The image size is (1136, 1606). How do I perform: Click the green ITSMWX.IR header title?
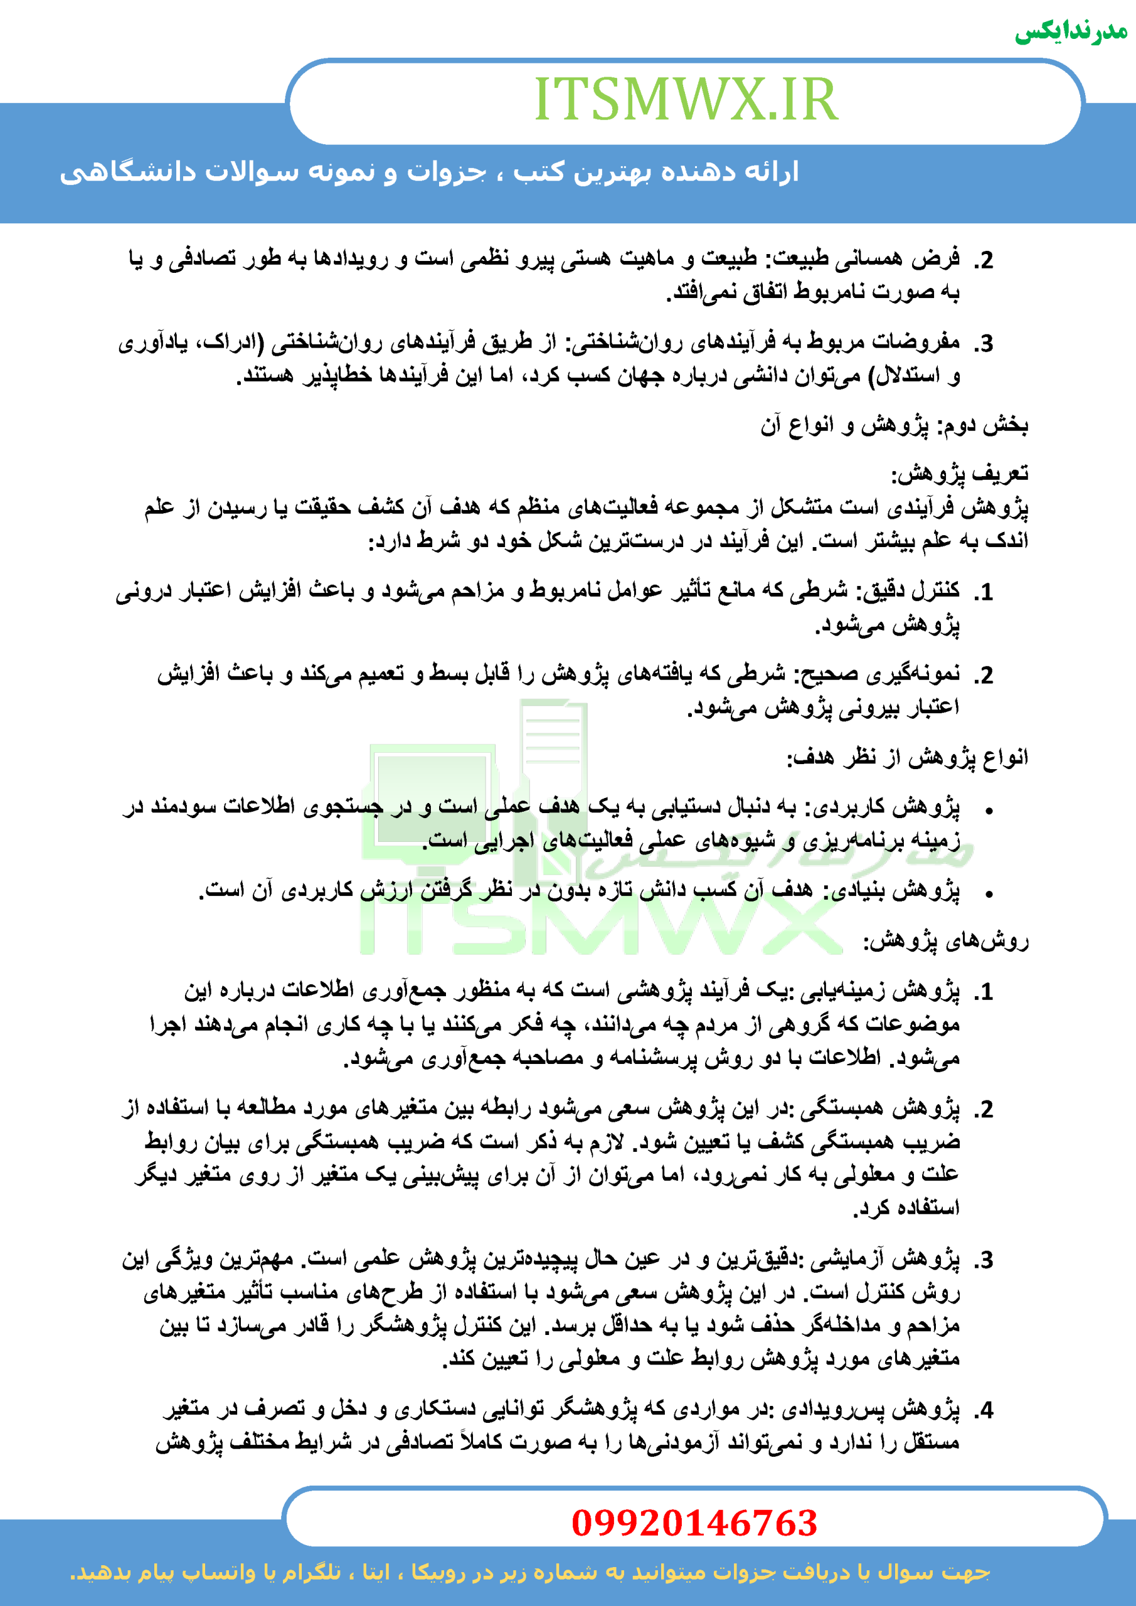point(686,99)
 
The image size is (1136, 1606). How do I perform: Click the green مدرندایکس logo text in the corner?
point(1070,32)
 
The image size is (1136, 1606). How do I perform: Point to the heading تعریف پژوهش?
point(959,474)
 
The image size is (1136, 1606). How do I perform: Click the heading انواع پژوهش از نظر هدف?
point(907,758)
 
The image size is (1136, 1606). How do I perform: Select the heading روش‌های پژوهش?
point(946,942)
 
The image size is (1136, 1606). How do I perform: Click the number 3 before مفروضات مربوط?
point(985,343)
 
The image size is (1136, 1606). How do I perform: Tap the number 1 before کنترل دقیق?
point(985,592)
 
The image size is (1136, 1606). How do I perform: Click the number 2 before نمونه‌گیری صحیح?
point(985,676)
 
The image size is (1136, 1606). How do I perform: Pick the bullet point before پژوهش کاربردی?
point(989,811)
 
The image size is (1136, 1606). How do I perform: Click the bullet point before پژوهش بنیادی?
point(989,894)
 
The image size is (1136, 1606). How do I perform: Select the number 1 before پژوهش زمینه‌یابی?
point(985,992)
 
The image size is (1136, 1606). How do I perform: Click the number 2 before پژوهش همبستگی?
point(985,1109)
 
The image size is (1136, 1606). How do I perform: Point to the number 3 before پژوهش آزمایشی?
point(985,1260)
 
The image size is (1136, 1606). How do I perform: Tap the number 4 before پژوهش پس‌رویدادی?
point(985,1410)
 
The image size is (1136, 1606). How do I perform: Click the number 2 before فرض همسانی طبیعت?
point(985,260)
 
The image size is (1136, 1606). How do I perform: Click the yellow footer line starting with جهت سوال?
point(530,1572)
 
